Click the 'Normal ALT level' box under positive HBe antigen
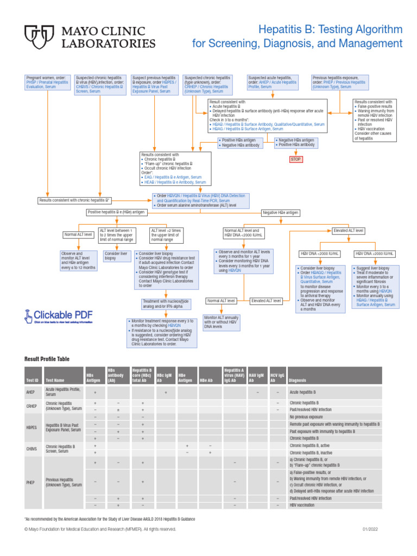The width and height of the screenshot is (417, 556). pos(78,235)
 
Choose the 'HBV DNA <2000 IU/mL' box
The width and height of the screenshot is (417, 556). pos(320,254)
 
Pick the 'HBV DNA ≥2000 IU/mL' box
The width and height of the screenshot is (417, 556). pos(375,254)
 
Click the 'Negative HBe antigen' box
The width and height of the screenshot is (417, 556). pos(281,212)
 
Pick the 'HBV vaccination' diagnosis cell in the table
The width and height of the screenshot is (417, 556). pos(301,506)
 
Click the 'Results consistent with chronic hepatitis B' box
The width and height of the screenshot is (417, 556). pos(75,200)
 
